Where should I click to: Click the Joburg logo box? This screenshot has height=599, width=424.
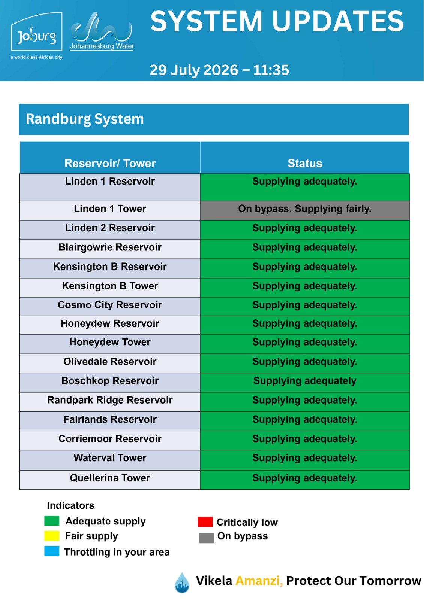[x=36, y=31]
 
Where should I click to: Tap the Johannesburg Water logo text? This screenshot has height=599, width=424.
[x=102, y=46]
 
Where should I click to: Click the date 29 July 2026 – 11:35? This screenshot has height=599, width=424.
[x=219, y=70]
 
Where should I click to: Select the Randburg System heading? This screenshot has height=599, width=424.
[x=85, y=119]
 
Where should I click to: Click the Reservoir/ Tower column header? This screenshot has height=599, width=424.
[x=110, y=163]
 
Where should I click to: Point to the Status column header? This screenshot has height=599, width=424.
[x=304, y=163]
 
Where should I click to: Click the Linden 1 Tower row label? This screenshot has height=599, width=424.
[x=110, y=209]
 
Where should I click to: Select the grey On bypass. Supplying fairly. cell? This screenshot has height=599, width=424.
[x=304, y=210]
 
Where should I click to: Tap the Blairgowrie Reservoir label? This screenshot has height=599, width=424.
[x=110, y=247]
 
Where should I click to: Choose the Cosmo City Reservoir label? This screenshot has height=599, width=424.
[x=110, y=305]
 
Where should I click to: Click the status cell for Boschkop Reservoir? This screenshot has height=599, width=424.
[x=304, y=382]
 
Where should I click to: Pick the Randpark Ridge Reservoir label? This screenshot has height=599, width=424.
[x=110, y=400]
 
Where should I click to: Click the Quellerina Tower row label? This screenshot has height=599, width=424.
[x=110, y=478]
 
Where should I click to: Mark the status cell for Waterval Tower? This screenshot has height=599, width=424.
[x=304, y=460]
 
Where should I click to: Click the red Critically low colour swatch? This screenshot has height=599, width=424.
[x=205, y=522]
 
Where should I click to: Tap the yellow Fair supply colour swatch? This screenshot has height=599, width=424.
[x=52, y=536]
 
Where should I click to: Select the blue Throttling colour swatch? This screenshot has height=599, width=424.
[x=52, y=551]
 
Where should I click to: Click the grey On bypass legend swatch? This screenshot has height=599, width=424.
[x=206, y=538]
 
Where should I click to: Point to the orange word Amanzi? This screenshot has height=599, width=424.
[x=259, y=581]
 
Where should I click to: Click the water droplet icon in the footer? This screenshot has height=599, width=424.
[x=182, y=583]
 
